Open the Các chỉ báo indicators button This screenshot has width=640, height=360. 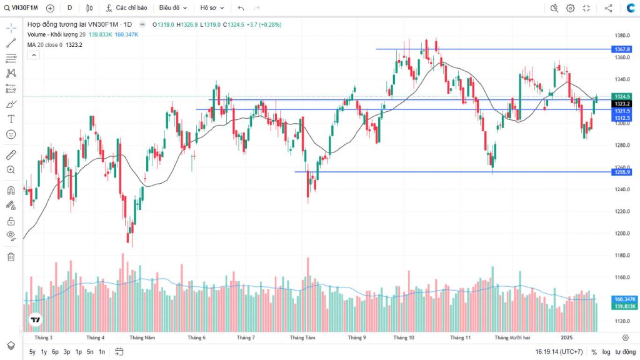coord(127,8)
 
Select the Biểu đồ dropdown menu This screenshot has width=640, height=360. coord(172,8)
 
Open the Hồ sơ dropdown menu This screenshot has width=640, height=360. coord(212,8)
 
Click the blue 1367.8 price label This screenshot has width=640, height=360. coord(622,49)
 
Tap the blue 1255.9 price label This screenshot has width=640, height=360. coord(622,172)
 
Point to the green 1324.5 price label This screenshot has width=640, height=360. coord(622,96)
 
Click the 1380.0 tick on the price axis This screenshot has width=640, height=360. coord(621,36)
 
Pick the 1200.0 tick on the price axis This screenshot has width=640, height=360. coord(621,234)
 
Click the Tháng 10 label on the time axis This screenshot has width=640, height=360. coord(404,337)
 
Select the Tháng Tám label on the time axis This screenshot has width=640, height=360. coord(302,337)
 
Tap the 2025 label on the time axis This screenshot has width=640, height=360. coord(566,337)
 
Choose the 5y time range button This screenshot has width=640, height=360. coord(32,352)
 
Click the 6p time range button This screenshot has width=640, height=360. coord(55,352)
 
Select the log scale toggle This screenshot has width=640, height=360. coord(606,352)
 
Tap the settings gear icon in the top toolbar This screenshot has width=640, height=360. coord(570,8)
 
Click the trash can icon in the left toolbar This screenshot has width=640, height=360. coord(11,256)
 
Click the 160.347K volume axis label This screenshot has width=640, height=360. coord(625,299)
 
